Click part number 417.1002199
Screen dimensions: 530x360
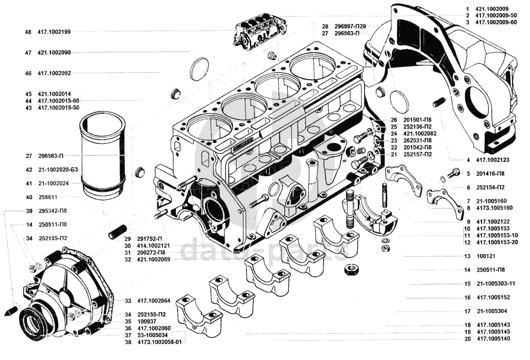[54, 32]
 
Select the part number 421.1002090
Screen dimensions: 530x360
[54, 53]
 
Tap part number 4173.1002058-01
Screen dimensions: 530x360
[160, 342]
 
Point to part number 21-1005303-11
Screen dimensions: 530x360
[496, 284]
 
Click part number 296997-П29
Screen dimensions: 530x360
[350, 26]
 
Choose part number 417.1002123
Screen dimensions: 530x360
[493, 160]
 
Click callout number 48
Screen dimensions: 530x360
[28, 32]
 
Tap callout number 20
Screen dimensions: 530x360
[467, 339]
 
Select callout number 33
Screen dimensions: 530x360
[128, 301]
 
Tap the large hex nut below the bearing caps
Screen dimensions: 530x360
[351, 269]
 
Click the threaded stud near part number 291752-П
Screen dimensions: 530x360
[117, 231]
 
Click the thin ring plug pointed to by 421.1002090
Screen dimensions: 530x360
[199, 69]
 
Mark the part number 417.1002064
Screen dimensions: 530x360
[154, 301]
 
